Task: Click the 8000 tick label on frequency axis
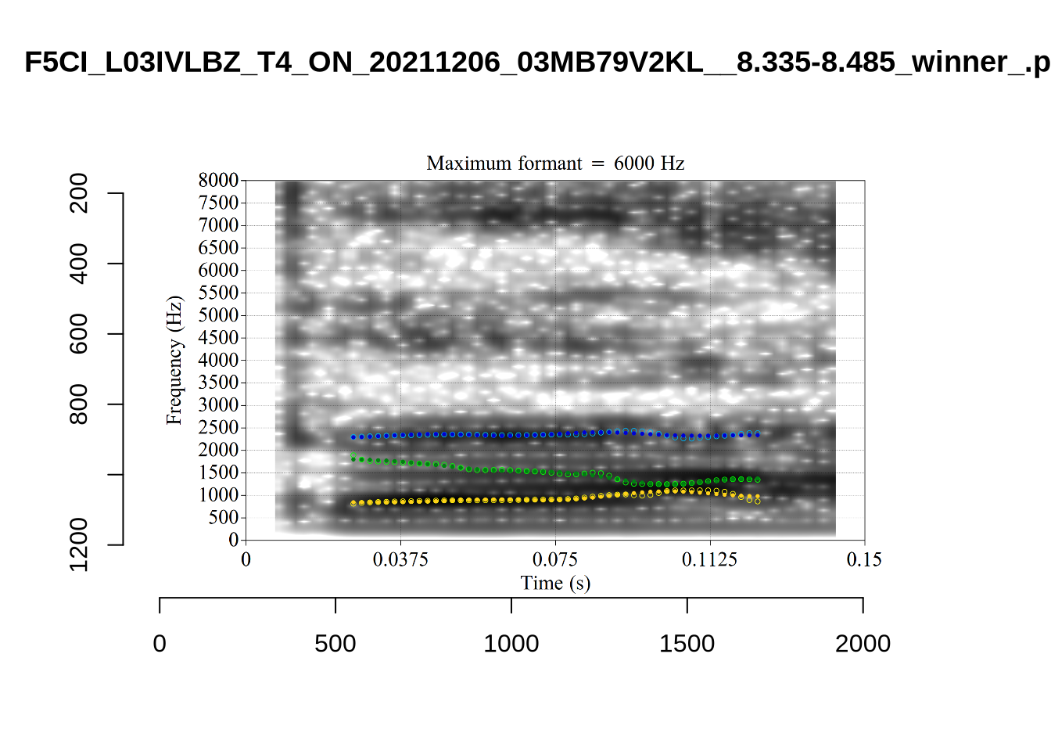click(x=218, y=181)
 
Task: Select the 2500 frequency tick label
click(x=218, y=428)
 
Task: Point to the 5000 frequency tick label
click(x=218, y=315)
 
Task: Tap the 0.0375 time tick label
click(x=400, y=559)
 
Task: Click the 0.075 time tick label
click(x=555, y=559)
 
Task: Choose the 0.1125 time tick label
click(x=709, y=559)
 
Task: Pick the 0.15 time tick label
click(x=864, y=559)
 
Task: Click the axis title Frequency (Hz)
click(x=174, y=361)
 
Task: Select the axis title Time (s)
click(x=555, y=584)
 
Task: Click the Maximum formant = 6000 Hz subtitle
click(x=555, y=163)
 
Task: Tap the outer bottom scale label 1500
click(x=687, y=644)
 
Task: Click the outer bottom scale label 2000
click(x=863, y=644)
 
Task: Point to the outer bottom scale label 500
click(x=335, y=644)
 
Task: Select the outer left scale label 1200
click(x=79, y=544)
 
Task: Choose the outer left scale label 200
click(x=79, y=193)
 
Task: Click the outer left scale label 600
click(x=79, y=334)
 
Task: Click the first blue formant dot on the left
click(x=353, y=437)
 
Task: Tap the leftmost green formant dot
click(x=353, y=458)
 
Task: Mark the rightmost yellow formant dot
click(x=758, y=501)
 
